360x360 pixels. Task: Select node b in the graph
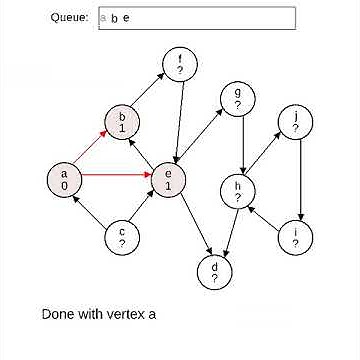pyautogui.click(x=123, y=122)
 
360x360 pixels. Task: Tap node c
pyautogui.click(x=123, y=238)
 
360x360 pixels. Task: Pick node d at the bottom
pyautogui.click(x=213, y=272)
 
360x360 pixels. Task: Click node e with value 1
pyautogui.click(x=168, y=180)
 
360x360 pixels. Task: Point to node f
pyautogui.click(x=180, y=64)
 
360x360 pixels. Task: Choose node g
pyautogui.click(x=237, y=98)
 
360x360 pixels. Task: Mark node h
pyautogui.click(x=237, y=191)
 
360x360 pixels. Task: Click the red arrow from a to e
pyautogui.click(x=116, y=180)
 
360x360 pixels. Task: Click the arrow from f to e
pyautogui.click(x=175, y=120)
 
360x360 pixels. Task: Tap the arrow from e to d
pyautogui.click(x=191, y=226)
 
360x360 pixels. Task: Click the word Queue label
pyautogui.click(x=70, y=18)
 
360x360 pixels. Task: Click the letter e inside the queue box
pyautogui.click(x=126, y=19)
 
